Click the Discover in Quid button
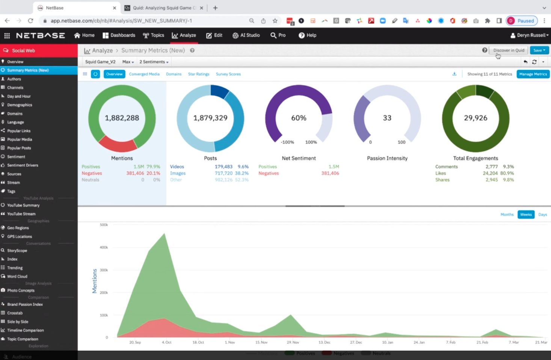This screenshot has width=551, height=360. [509, 50]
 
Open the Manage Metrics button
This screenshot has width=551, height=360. [533, 74]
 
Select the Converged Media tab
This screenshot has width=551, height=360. [144, 74]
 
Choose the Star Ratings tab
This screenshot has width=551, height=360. [199, 74]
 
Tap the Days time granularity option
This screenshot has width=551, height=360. [542, 215]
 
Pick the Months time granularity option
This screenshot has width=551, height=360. [507, 215]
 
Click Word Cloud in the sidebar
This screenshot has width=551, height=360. [17, 277]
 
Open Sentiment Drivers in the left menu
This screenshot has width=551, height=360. [23, 165]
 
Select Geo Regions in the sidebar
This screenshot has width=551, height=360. [18, 228]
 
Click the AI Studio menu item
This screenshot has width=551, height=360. [246, 35]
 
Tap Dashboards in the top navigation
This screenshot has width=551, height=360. [119, 35]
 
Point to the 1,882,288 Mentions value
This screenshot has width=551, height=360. [122, 118]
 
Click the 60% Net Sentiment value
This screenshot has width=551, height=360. [299, 118]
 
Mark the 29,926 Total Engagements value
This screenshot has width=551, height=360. [476, 118]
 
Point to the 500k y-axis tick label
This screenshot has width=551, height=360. [104, 225]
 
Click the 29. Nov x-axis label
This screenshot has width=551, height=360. [293, 342]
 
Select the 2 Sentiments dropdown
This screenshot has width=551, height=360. [154, 62]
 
